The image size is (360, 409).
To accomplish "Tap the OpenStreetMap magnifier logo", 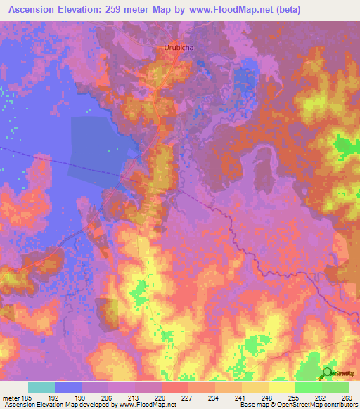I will [x=327, y=373].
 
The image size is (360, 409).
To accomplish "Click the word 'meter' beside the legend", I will [x=11, y=397].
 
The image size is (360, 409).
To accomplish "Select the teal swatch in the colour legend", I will [x=41, y=387].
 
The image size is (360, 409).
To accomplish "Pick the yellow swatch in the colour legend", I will [x=282, y=387].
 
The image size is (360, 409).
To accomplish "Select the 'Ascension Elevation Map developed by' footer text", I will [x=60, y=405].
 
